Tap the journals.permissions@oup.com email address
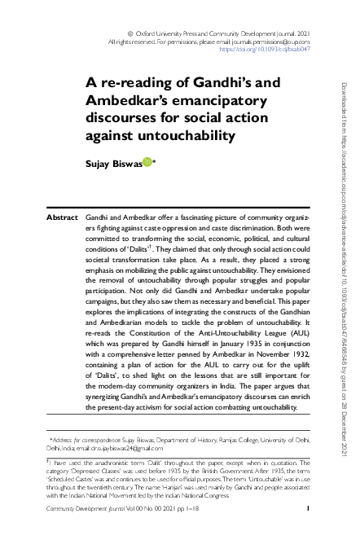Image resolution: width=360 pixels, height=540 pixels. tap(269, 40)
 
